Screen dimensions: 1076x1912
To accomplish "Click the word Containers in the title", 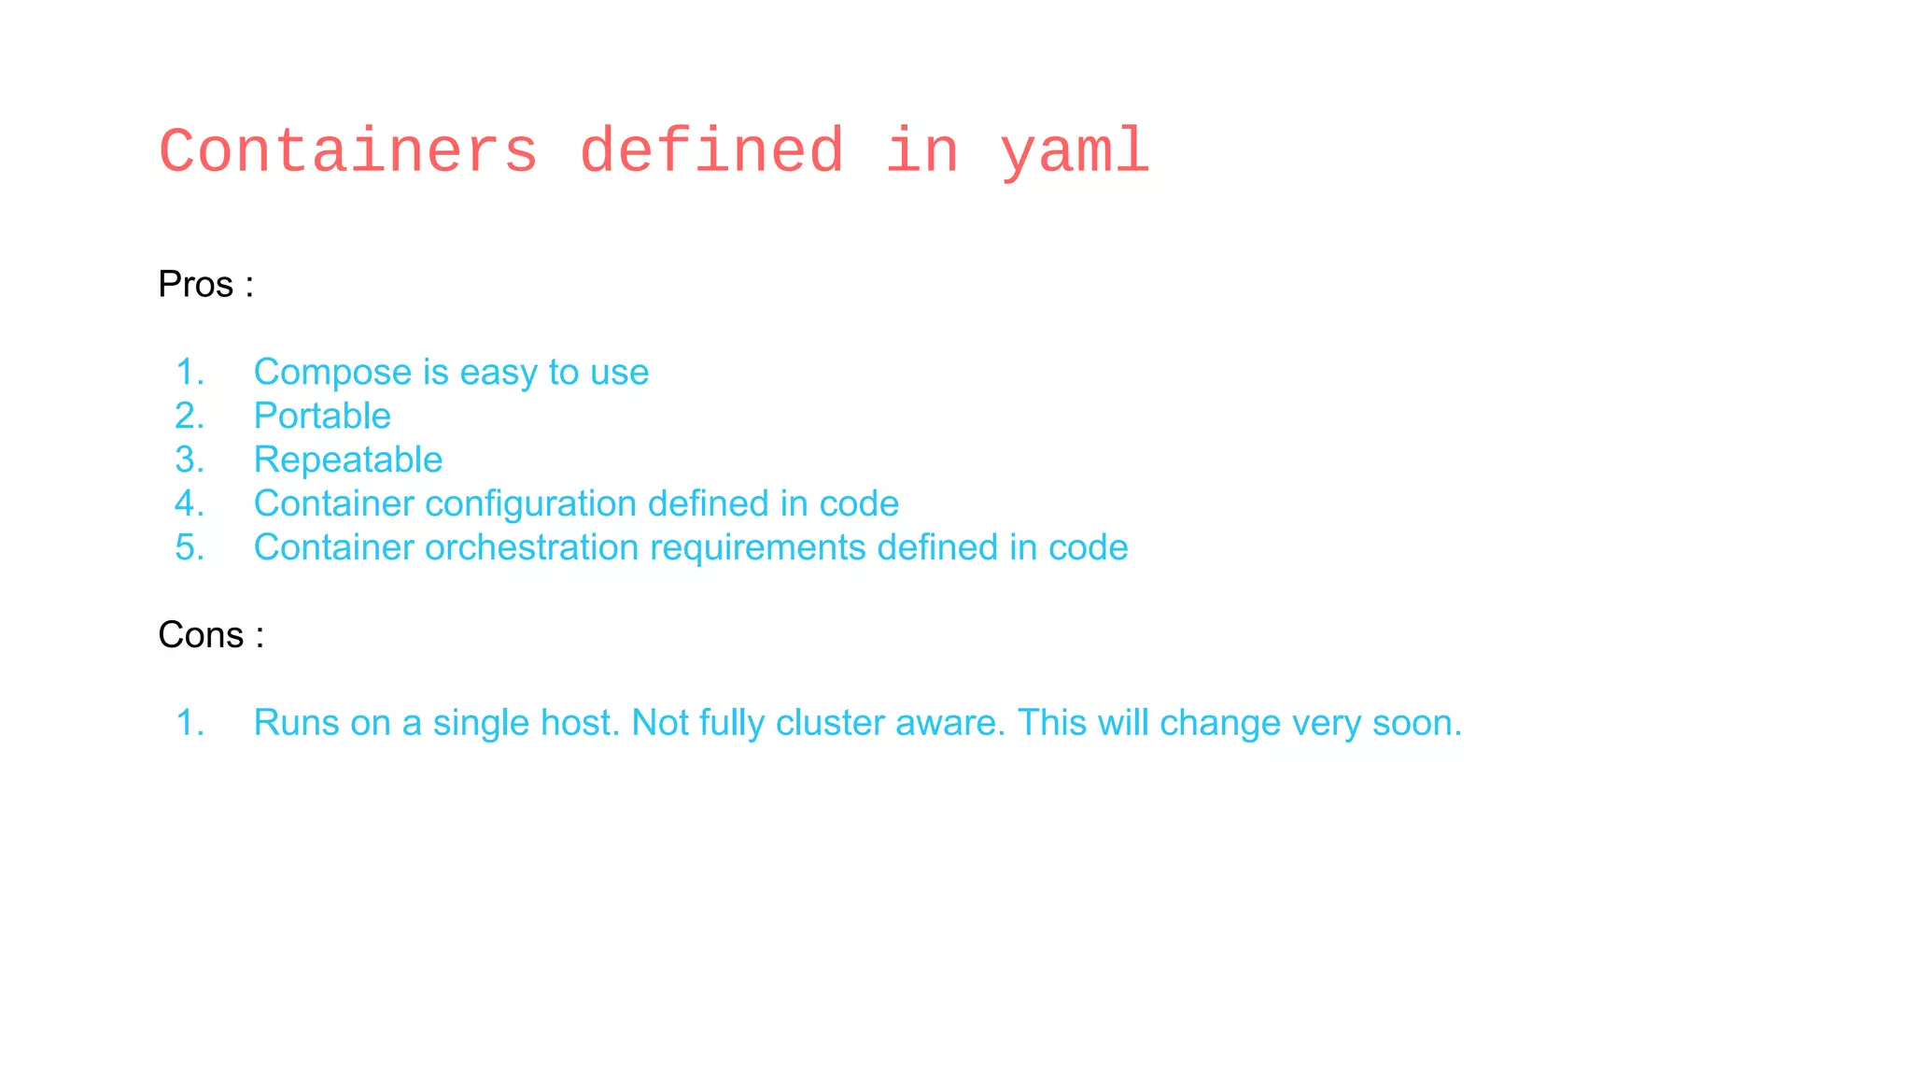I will (x=348, y=151).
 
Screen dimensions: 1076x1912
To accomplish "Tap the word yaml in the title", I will (x=1074, y=151).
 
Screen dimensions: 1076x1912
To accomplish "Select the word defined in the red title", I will (x=711, y=151).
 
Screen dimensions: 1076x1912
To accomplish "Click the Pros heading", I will (x=195, y=285).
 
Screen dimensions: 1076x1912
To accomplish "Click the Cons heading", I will (x=201, y=635).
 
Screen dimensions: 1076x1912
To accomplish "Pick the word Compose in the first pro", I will (x=332, y=373).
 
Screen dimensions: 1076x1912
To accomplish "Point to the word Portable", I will (x=322, y=416).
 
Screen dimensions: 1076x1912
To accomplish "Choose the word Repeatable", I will (x=348, y=460).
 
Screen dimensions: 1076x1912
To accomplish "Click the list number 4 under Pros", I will (x=189, y=504).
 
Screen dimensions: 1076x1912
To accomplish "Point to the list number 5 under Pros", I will (x=189, y=548).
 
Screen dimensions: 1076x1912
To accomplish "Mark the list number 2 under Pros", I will (x=189, y=417).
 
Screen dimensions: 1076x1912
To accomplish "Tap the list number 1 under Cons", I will (x=189, y=723).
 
